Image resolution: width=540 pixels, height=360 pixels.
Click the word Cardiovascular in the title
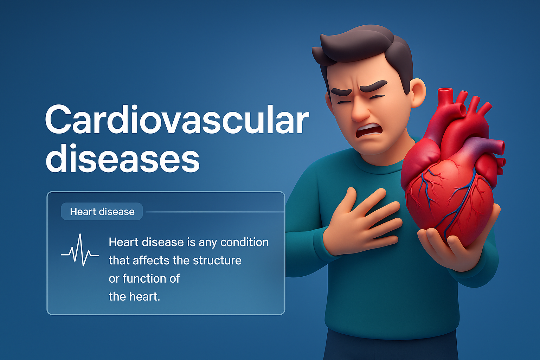(x=177, y=119)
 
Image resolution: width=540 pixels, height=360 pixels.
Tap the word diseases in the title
(x=123, y=157)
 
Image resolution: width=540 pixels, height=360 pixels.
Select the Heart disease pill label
(x=102, y=212)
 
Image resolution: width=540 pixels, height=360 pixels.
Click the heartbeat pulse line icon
(x=80, y=250)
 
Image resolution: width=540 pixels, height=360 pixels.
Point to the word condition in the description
(x=244, y=242)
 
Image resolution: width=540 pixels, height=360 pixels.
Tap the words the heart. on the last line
(x=134, y=297)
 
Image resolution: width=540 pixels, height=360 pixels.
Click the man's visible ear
(x=418, y=93)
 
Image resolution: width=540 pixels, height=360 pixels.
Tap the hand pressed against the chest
(x=362, y=222)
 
